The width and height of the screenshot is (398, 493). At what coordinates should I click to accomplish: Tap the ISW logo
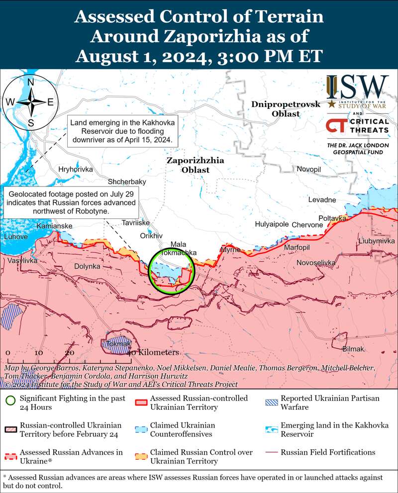point(357,88)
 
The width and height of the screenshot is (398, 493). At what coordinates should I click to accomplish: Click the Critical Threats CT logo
point(336,125)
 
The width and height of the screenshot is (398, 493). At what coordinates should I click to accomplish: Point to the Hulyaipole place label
point(272,224)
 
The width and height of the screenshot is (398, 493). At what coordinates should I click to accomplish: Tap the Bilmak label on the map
point(354,349)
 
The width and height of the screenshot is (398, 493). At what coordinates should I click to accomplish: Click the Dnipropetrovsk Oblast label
point(282,109)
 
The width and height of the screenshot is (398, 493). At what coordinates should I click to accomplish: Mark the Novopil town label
point(309,170)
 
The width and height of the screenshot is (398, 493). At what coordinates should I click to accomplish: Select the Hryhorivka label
point(76,170)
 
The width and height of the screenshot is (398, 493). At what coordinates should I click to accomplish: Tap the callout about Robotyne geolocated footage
point(71,202)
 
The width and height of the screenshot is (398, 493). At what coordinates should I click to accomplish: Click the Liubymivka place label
point(376,241)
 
